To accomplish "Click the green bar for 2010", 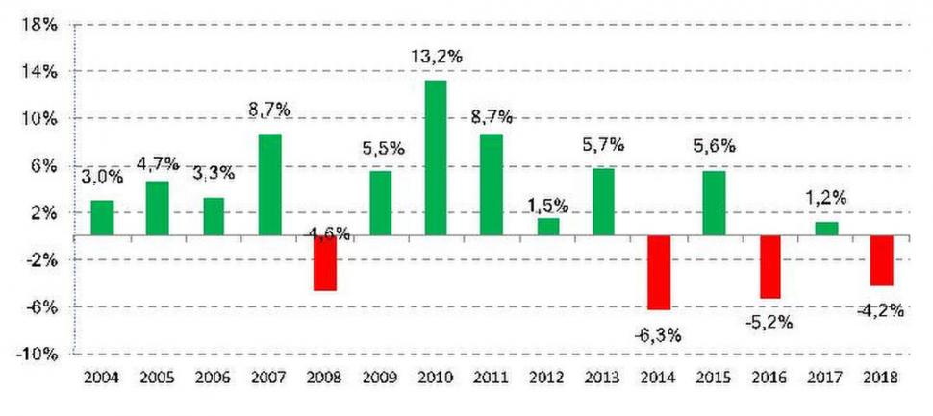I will pyautogui.click(x=436, y=158).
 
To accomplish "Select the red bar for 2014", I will pyautogui.click(x=659, y=273).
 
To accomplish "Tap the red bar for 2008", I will pyautogui.click(x=325, y=263).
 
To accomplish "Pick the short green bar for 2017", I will pyautogui.click(x=826, y=229).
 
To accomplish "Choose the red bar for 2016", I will pyautogui.click(x=769, y=267).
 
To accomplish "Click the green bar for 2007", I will pyautogui.click(x=270, y=184).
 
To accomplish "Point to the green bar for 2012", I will pyautogui.click(x=547, y=227).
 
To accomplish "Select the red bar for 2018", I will pyautogui.click(x=882, y=260).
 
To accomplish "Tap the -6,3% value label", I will pyautogui.click(x=659, y=334).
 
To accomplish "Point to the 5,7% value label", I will pyautogui.click(x=603, y=145).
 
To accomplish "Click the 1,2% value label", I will pyautogui.click(x=826, y=198).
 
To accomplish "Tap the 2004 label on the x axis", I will pyautogui.click(x=102, y=379).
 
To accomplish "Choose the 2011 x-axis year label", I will pyautogui.click(x=492, y=379).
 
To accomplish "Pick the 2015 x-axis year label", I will pyautogui.click(x=715, y=379).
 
